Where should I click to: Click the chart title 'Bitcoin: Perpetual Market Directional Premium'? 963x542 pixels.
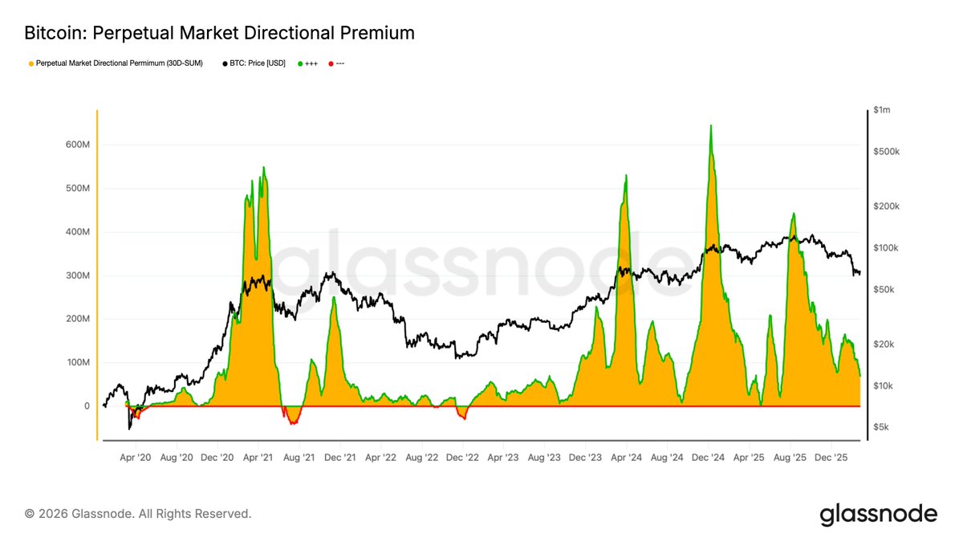(x=219, y=33)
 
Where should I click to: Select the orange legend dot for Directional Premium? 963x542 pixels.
(x=30, y=63)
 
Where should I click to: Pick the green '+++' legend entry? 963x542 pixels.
(x=309, y=63)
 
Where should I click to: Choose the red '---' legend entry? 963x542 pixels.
(x=337, y=63)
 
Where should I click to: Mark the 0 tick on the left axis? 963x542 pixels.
(x=86, y=406)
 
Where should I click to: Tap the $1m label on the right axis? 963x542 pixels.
(x=884, y=109)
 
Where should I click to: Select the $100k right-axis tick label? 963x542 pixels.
(x=888, y=248)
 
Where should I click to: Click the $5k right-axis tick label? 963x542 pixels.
(x=884, y=427)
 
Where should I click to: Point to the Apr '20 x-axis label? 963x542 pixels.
(x=136, y=457)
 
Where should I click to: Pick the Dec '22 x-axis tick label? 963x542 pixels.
(x=462, y=457)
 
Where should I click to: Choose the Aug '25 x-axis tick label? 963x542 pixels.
(x=790, y=457)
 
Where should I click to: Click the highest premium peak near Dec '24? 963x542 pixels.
(x=710, y=126)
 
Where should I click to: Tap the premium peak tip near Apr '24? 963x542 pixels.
(x=625, y=176)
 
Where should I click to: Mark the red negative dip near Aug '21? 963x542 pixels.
(x=294, y=422)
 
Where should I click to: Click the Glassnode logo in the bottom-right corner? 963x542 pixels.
(x=878, y=514)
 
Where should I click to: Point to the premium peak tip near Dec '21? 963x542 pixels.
(x=334, y=298)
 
